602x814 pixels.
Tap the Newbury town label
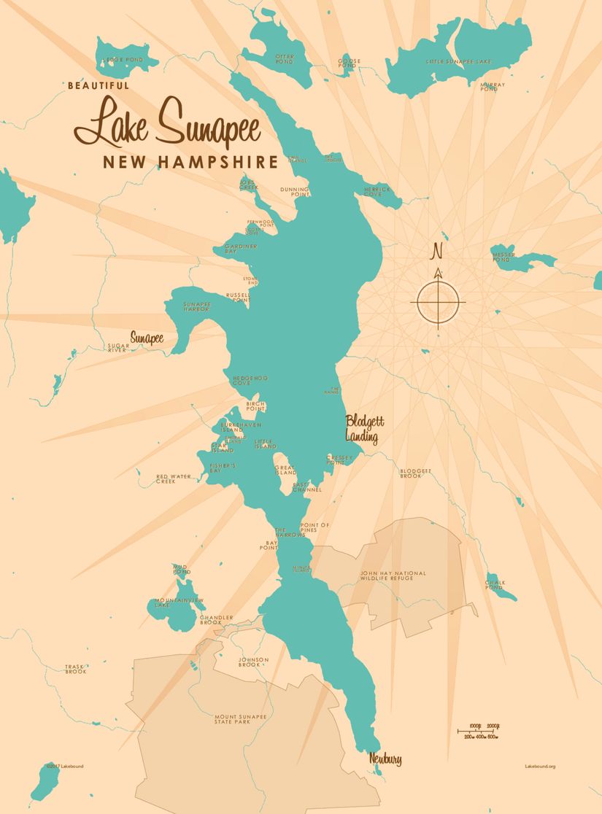coord(385,759)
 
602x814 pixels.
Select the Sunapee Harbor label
coord(196,306)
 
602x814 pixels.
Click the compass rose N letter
coord(438,250)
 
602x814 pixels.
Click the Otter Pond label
coord(284,59)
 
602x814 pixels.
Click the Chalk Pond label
coord(495,585)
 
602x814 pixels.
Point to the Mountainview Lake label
coord(179,602)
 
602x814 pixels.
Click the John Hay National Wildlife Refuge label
coord(393,577)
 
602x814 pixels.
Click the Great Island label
coord(285,470)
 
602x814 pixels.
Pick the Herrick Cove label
coord(377,192)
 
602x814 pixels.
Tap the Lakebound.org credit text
coord(540,767)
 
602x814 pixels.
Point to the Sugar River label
coord(117,347)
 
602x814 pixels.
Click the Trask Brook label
coord(76,669)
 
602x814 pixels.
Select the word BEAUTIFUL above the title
coord(98,85)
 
